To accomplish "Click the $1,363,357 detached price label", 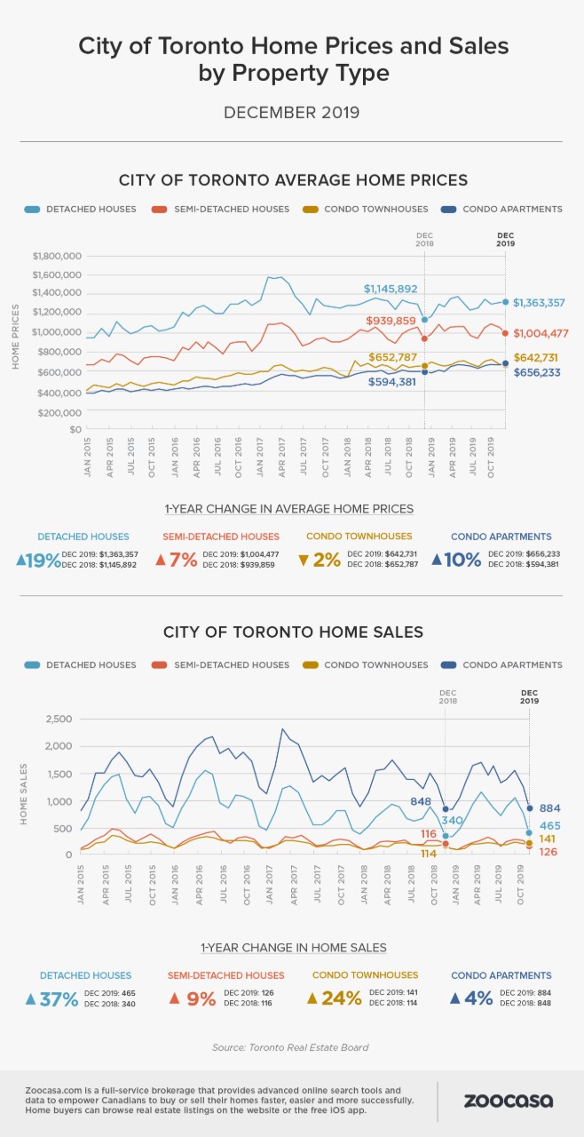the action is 539,303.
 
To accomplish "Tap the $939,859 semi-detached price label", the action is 391,321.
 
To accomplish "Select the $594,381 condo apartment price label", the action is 392,382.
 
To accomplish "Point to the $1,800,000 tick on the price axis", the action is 57,256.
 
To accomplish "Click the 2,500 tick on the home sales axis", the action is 59,719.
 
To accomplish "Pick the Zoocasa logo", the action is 509,1101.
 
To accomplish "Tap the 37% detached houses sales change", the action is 52,999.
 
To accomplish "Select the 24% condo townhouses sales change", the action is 335,998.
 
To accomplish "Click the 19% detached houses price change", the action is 38,561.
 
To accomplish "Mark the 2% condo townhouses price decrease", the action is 320,560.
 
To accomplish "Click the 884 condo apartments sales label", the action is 549,808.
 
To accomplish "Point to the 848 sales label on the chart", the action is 421,801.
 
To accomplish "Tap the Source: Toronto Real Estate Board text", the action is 290,1047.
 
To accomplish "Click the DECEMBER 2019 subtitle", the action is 292,112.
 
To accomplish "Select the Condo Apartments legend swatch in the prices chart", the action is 448,209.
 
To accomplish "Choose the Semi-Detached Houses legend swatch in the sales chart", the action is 159,665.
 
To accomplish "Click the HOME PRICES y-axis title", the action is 15,337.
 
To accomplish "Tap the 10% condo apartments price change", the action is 456,560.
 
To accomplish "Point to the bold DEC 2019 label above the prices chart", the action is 505,239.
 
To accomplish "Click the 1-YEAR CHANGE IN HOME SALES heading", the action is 294,948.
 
